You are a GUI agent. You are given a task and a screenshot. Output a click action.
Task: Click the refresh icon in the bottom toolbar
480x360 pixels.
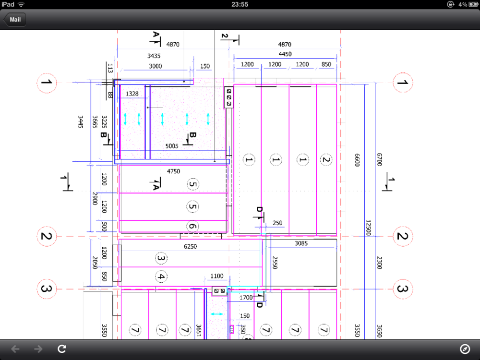pyautogui.click(x=62, y=348)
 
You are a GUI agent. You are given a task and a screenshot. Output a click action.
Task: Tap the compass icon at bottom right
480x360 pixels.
pyautogui.click(x=465, y=348)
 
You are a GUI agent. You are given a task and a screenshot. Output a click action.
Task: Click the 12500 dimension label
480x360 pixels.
pyautogui.click(x=368, y=228)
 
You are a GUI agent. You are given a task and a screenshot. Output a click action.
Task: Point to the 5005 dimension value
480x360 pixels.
pyautogui.click(x=172, y=146)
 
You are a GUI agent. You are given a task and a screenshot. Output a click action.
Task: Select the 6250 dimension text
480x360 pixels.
pyautogui.click(x=190, y=246)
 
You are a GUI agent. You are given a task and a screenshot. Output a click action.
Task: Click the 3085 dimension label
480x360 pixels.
pyautogui.click(x=301, y=243)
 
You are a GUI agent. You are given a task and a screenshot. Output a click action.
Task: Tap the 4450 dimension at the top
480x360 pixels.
pyautogui.click(x=285, y=54)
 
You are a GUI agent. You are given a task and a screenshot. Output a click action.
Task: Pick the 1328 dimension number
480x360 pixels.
pyautogui.click(x=132, y=94)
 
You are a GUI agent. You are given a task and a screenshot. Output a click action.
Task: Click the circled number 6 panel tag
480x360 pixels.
pyautogui.click(x=192, y=226)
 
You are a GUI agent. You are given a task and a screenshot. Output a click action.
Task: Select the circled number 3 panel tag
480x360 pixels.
pyautogui.click(x=161, y=258)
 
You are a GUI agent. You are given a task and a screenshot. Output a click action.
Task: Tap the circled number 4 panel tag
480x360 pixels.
pyautogui.click(x=161, y=277)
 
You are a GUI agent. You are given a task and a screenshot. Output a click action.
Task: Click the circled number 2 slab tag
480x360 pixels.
pyautogui.click(x=326, y=159)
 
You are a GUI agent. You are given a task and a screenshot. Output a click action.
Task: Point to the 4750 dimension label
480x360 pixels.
pyautogui.click(x=174, y=171)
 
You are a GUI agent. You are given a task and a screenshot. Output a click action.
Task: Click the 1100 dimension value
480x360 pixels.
pyautogui.click(x=217, y=276)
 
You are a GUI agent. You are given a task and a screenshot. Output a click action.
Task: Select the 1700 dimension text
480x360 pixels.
pyautogui.click(x=246, y=298)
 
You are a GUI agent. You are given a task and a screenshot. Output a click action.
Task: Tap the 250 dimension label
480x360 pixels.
pyautogui.click(x=277, y=223)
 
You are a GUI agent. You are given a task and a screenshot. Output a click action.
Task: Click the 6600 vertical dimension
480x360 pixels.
pyautogui.click(x=357, y=160)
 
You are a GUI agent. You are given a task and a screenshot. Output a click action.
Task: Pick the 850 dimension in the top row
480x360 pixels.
pyautogui.click(x=326, y=64)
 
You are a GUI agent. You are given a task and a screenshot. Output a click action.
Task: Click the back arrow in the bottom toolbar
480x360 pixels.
pyautogui.click(x=15, y=348)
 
